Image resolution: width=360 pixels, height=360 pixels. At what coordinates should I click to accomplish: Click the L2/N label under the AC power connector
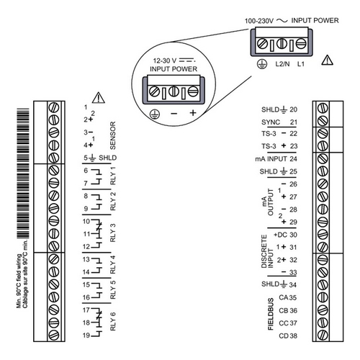[282, 64]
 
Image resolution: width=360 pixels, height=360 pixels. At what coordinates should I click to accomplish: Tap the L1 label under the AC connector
[301, 64]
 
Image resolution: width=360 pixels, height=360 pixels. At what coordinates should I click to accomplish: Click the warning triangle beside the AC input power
[327, 60]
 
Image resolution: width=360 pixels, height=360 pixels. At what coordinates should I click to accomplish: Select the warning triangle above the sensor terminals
[99, 97]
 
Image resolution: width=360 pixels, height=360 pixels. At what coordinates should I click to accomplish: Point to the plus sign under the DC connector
[193, 112]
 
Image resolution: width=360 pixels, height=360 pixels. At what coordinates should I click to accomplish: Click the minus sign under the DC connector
[174, 113]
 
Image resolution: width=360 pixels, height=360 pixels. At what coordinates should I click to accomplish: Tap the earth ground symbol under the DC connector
[155, 114]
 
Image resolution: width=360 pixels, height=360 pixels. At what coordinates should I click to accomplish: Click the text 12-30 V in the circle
[165, 60]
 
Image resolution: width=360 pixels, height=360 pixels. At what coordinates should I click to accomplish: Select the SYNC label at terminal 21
[271, 122]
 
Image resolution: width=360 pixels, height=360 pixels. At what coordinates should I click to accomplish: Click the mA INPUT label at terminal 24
[271, 159]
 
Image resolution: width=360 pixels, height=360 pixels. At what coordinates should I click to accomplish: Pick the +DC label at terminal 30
[280, 235]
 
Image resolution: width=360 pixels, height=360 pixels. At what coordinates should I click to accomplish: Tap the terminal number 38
[293, 336]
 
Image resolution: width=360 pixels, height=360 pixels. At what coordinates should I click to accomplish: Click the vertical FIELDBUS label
[271, 314]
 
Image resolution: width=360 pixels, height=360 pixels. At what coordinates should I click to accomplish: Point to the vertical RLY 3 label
[112, 233]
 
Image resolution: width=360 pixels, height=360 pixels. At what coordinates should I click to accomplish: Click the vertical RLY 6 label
[112, 321]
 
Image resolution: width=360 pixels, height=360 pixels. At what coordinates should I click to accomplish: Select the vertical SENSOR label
[112, 135]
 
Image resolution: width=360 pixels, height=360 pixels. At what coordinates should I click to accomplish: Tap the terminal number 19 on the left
[86, 336]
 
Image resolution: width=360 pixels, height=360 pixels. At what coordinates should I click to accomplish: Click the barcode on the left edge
[23, 174]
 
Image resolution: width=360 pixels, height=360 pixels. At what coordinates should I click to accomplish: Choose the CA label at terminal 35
[284, 297]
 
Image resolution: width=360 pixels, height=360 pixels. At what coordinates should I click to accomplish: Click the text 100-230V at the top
[259, 21]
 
